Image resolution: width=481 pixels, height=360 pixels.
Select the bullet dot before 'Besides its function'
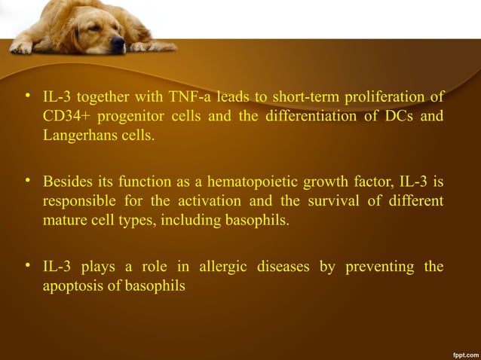click(28, 182)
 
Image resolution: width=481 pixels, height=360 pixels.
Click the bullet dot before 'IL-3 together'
click(28, 96)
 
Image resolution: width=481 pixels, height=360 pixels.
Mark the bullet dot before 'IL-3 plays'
click(28, 266)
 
